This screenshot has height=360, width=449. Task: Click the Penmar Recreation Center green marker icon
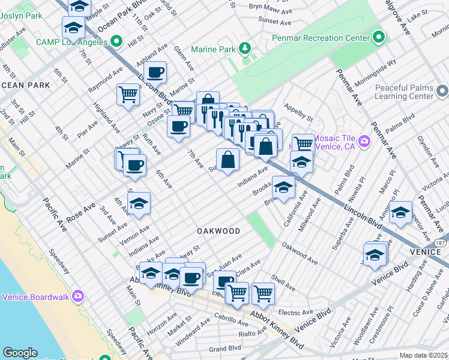click(x=378, y=37)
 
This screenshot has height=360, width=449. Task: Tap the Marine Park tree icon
click(x=244, y=48)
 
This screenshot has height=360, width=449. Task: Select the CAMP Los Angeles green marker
click(x=116, y=42)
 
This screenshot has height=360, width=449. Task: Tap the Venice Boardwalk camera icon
click(x=77, y=296)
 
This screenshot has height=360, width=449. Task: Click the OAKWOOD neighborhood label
click(x=218, y=231)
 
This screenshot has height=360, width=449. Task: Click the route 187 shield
click(x=441, y=243)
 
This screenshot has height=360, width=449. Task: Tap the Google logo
click(x=20, y=353)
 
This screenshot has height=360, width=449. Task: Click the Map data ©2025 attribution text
click(x=423, y=355)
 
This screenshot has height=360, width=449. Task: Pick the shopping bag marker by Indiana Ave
click(x=228, y=161)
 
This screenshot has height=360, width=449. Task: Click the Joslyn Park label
click(x=21, y=15)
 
